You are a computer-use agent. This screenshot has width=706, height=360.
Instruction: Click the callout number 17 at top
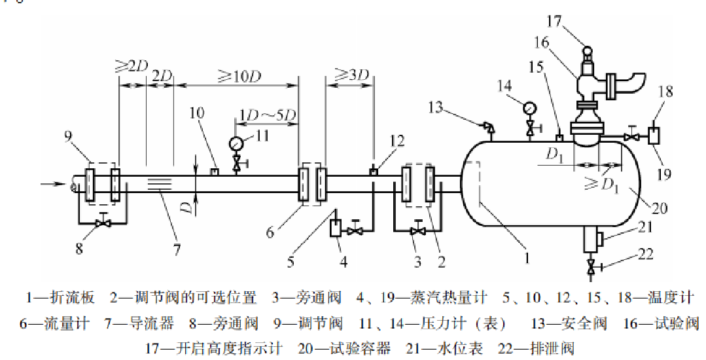tap(554, 21)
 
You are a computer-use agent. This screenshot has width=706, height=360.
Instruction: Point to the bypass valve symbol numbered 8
tap(101, 223)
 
